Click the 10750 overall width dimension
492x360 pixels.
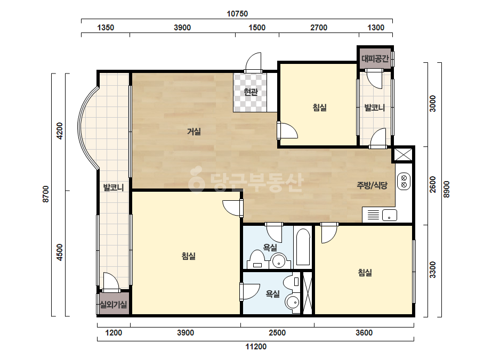237,14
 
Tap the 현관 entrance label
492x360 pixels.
251,92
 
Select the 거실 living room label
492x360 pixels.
194,132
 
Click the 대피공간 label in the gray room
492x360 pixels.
375,59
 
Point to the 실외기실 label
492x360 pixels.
114,304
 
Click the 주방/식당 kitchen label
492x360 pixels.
372,185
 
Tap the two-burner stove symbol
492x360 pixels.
404,181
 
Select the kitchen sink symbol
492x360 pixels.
390,216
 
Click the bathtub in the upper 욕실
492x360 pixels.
303,247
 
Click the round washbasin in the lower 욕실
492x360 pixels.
293,302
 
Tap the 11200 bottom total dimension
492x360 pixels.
256,347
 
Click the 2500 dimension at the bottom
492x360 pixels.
277,333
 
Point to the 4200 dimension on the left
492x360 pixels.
59,131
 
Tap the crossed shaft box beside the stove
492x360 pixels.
402,155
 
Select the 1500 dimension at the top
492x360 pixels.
257,28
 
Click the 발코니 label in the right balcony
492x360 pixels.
374,108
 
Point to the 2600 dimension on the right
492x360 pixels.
433,184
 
